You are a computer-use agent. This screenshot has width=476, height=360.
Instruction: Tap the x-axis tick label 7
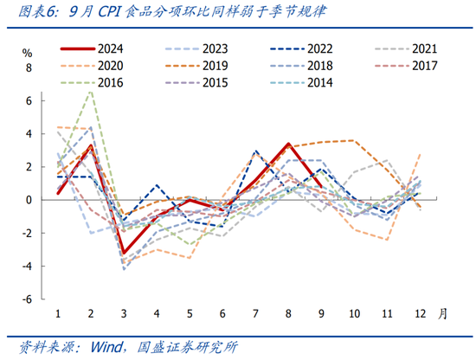pos(255,312)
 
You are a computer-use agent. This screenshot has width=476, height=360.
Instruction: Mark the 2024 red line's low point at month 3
pos(124,254)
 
